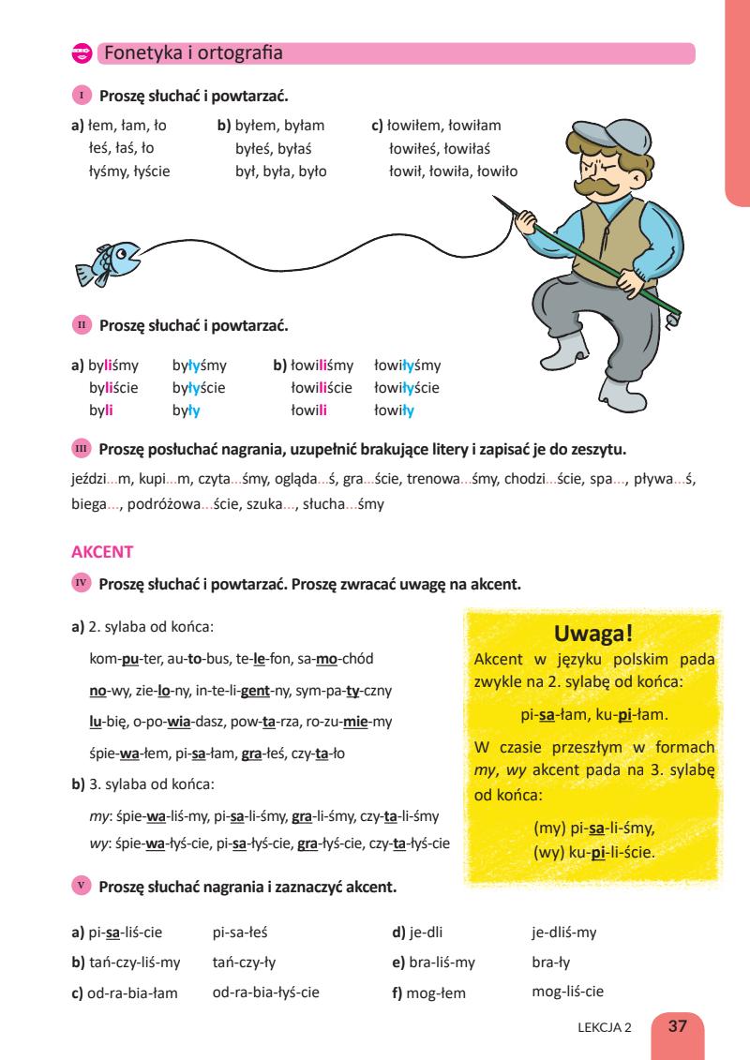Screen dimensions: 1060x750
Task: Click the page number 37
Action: tap(677, 1026)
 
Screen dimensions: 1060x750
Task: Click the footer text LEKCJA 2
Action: tap(606, 1027)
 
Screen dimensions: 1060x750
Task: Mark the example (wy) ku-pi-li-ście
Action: tap(592, 855)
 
